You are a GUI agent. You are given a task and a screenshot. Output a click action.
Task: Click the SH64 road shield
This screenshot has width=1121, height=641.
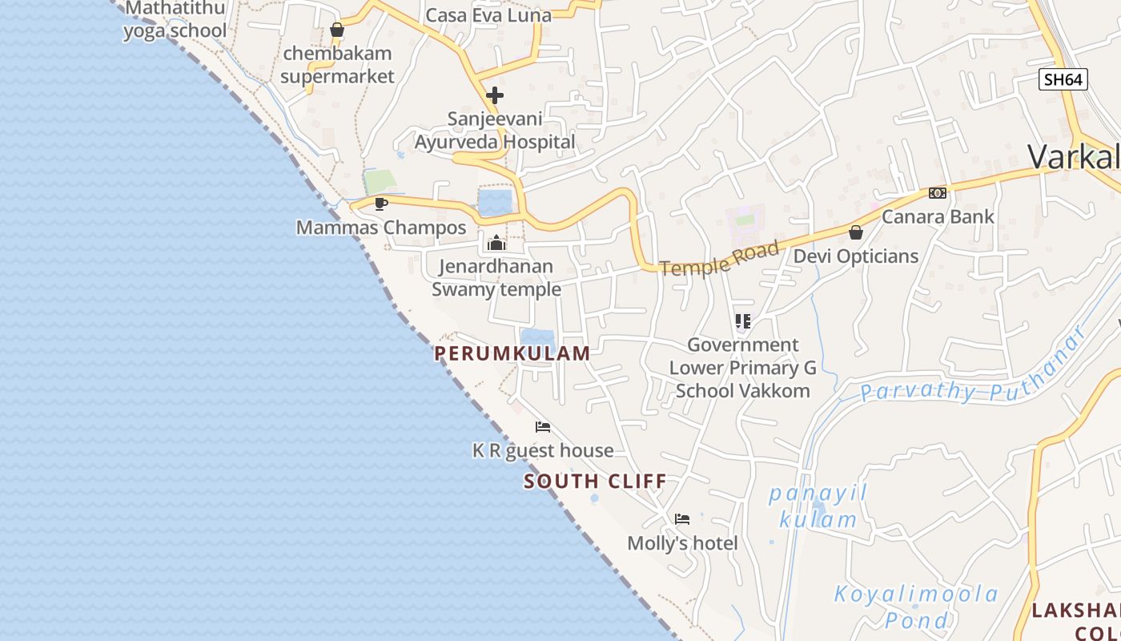[1063, 79]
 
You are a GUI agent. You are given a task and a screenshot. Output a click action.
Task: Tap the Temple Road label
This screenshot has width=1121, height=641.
[719, 259]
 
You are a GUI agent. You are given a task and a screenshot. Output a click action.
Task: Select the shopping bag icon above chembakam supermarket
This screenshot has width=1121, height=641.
[337, 30]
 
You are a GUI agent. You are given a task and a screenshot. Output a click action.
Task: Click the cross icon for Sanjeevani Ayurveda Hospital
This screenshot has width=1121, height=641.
[495, 95]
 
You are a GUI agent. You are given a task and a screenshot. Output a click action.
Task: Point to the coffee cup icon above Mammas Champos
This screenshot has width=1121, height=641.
[381, 204]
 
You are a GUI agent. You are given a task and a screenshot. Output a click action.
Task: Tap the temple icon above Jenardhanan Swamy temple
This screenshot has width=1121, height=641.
[496, 242]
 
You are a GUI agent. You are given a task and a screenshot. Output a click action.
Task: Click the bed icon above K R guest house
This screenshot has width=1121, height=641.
[543, 426]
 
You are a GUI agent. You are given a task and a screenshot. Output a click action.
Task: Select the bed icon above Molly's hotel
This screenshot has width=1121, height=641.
[682, 518]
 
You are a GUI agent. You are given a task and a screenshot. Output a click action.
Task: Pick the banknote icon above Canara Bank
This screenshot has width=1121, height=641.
[938, 193]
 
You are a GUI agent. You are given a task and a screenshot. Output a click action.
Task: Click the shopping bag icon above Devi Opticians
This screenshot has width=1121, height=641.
[856, 232]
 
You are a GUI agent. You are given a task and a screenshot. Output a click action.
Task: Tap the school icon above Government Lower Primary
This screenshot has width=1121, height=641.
[743, 321]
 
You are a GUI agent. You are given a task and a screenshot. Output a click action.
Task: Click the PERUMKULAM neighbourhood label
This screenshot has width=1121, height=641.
[512, 353]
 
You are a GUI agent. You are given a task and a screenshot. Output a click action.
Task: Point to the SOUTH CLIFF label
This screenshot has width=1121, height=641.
[595, 482]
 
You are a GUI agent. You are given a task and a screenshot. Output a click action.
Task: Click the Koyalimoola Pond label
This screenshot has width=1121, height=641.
[917, 607]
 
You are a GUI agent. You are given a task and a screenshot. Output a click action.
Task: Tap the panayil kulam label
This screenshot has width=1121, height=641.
[818, 506]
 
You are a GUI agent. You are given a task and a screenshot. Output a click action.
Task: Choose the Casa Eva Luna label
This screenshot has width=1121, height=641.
[488, 15]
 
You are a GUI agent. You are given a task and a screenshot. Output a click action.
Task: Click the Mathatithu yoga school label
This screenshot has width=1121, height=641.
[175, 20]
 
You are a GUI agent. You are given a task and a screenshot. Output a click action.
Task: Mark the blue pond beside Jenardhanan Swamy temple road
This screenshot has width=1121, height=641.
[495, 201]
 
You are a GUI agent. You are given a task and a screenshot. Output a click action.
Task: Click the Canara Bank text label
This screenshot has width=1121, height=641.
[938, 216]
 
